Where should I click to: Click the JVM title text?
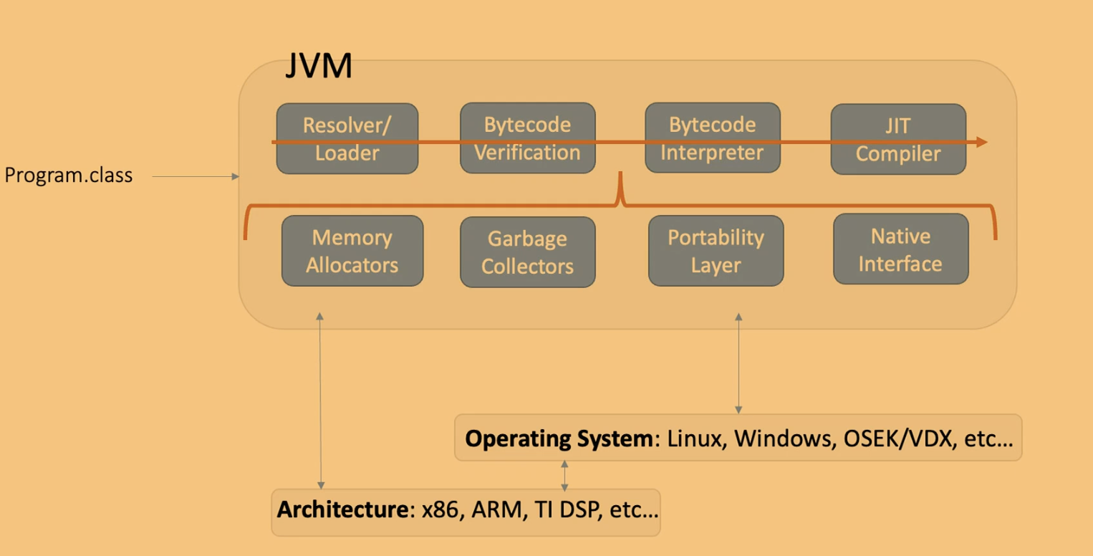pos(319,67)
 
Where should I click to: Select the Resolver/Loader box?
pos(347,138)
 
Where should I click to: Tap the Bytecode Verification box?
pos(527,138)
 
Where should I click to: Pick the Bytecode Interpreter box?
pos(713,138)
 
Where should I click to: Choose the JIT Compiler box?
pos(898,140)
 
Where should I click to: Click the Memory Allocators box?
pos(352,251)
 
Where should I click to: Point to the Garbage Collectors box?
pos(527,252)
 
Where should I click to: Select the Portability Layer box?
pos(716,251)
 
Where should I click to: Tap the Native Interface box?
pos(900,249)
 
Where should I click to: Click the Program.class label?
pos(69,176)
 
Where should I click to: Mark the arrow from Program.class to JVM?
pos(196,176)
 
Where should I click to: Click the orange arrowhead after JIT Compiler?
pos(982,142)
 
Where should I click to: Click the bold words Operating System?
pos(559,438)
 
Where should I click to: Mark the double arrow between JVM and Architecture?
pos(320,401)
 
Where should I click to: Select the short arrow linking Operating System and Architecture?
pos(564,476)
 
